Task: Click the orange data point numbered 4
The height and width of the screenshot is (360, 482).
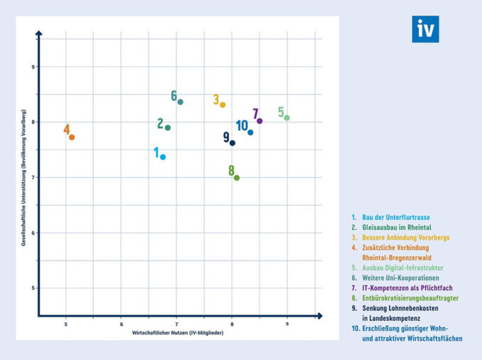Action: click(x=72, y=137)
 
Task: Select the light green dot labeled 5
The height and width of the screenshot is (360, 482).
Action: click(x=287, y=118)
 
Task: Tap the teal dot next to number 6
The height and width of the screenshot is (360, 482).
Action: click(x=181, y=102)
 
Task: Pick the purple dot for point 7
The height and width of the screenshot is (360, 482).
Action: click(x=260, y=121)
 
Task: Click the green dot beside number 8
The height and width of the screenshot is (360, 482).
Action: click(x=237, y=178)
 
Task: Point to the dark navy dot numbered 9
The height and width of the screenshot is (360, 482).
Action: click(x=232, y=143)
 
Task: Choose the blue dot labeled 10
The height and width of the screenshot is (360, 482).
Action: click(x=250, y=133)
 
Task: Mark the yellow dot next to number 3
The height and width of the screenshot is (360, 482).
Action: click(x=223, y=105)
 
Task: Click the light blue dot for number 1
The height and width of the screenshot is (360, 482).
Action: click(x=163, y=157)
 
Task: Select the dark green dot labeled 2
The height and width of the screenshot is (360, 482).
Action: click(x=168, y=128)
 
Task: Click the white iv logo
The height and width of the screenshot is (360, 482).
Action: click(x=425, y=30)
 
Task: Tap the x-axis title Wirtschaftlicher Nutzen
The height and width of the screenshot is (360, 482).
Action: click(x=178, y=333)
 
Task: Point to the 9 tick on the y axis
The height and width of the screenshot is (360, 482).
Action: click(x=32, y=67)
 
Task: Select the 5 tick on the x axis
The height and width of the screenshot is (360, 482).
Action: click(x=66, y=324)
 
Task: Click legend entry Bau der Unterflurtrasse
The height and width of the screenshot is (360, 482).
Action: click(x=395, y=217)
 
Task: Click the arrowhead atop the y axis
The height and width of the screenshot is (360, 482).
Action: click(x=39, y=32)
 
